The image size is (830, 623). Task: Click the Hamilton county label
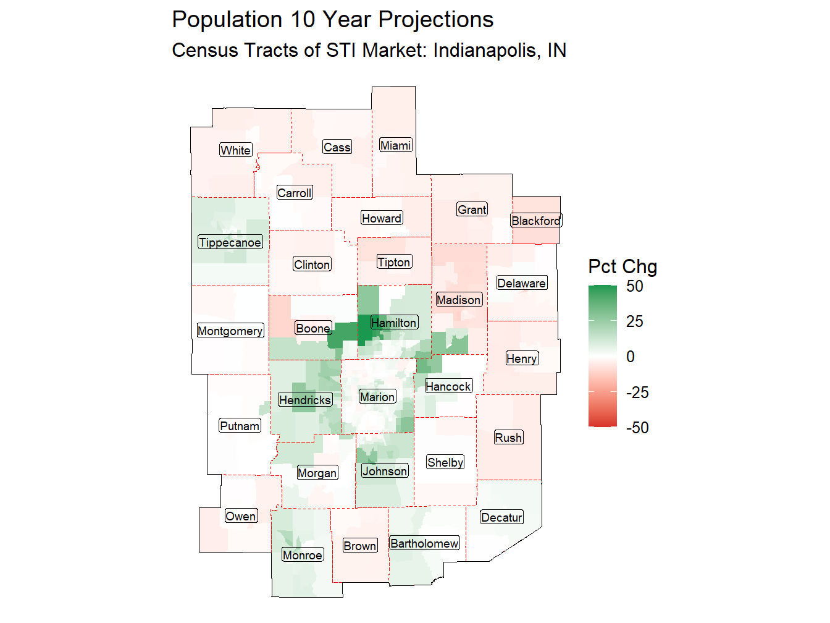coord(394,323)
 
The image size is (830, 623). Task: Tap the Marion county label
coord(377,397)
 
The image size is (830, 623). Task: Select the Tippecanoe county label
coord(230,242)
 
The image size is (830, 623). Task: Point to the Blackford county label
coord(536,221)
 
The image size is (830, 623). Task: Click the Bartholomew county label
coord(424,543)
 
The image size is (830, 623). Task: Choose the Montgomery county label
coord(230,331)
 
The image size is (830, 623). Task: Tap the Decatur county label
coord(501,517)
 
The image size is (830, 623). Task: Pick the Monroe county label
coord(303,555)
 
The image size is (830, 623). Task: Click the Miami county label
coord(395,145)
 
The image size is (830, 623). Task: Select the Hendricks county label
coord(305,400)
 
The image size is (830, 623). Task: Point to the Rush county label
coord(508,438)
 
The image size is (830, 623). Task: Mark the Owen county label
coord(240,516)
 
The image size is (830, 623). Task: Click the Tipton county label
coord(394,262)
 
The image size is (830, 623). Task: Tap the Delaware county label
coord(522,283)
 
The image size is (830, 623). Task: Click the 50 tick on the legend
coord(634,286)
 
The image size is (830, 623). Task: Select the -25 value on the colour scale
coord(637,392)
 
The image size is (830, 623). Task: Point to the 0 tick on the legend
coord(630,357)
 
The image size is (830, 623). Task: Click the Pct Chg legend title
coord(622,266)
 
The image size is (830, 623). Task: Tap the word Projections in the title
coord(435,20)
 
